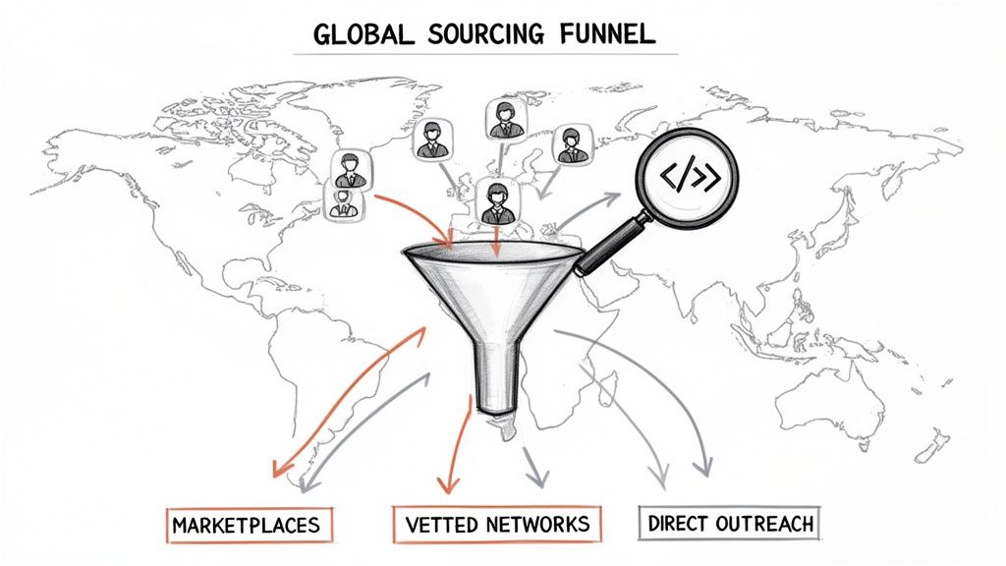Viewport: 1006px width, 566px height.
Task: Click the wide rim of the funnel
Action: (x=491, y=255)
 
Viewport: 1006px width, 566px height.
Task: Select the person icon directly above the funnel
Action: (x=496, y=200)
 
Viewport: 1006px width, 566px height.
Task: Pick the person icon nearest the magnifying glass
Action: (x=570, y=144)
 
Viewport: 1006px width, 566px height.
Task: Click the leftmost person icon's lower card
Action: (x=341, y=204)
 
